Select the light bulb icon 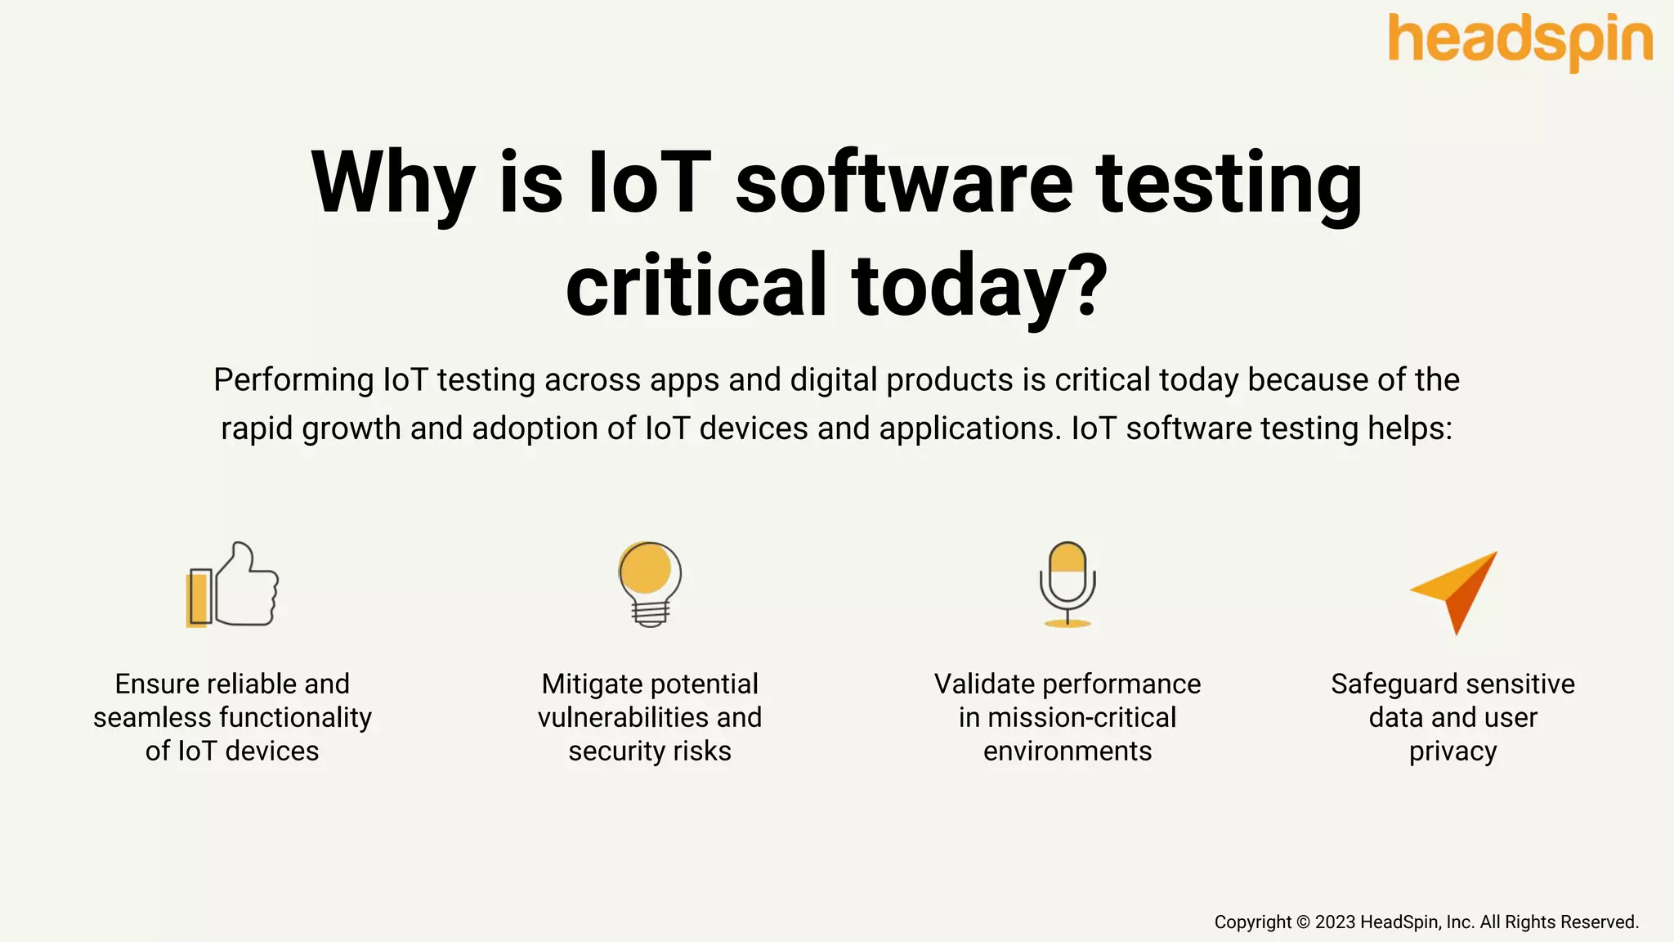pyautogui.click(x=650, y=584)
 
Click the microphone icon pyautogui.click(x=1068, y=584)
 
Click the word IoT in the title pyautogui.click(x=649, y=182)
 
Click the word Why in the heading pyautogui.click(x=393, y=184)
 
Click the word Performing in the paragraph pyautogui.click(x=293, y=380)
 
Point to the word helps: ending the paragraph pyautogui.click(x=1410, y=428)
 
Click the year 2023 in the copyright pyautogui.click(x=1335, y=922)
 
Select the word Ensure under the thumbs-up pyautogui.click(x=158, y=684)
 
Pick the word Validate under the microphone pyautogui.click(x=984, y=684)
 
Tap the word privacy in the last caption pyautogui.click(x=1452, y=751)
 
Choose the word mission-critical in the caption pyautogui.click(x=1081, y=718)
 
